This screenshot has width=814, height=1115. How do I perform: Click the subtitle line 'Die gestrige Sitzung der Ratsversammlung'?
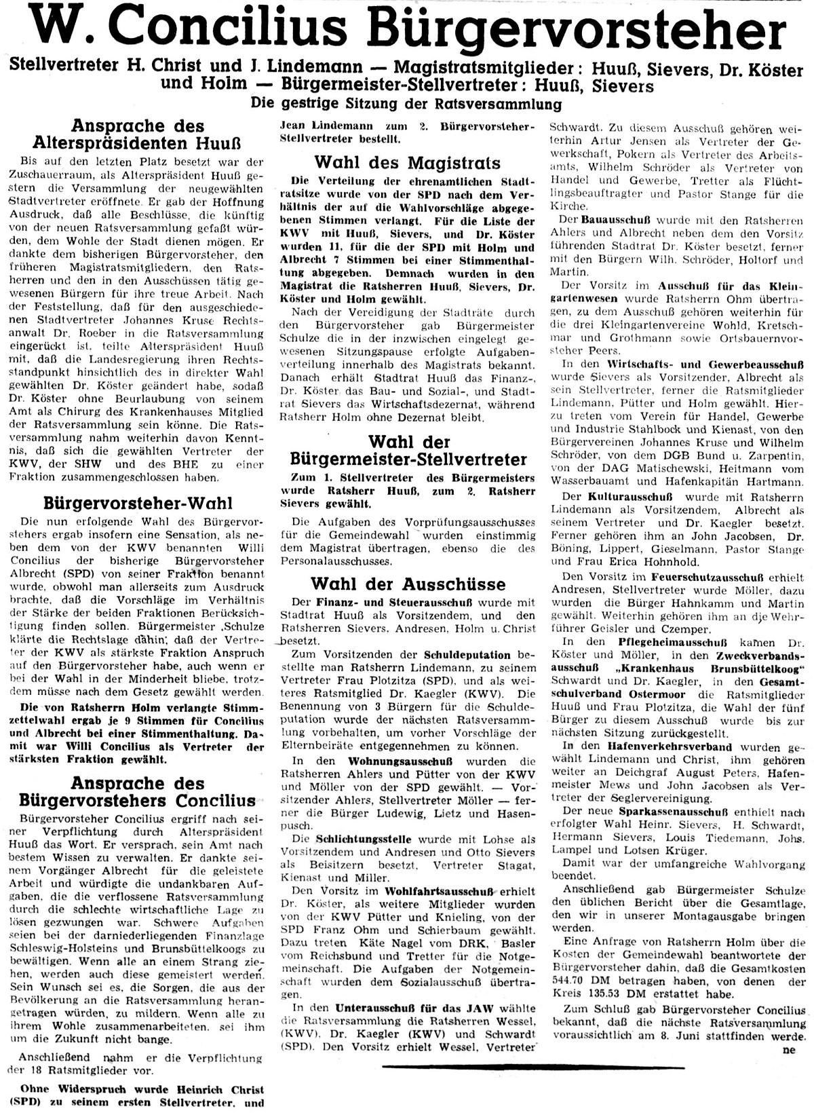click(406, 104)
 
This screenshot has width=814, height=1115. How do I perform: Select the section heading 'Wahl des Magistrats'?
click(407, 163)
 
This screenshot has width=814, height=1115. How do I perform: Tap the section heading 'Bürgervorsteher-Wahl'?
click(138, 504)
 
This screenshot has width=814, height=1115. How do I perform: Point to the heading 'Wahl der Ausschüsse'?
click(408, 584)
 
